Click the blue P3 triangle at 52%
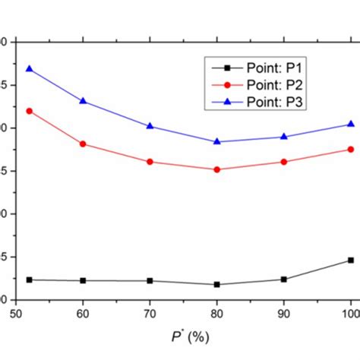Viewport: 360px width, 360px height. click(x=30, y=68)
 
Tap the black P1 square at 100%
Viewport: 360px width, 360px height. click(x=350, y=260)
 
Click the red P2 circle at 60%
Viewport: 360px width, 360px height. click(x=83, y=144)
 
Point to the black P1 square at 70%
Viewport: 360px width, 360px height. click(x=150, y=280)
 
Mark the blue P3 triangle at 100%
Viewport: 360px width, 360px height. click(x=350, y=124)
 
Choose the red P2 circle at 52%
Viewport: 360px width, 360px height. click(x=30, y=111)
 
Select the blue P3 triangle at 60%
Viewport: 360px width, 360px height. click(x=83, y=100)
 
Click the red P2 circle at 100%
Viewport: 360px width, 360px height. click(x=350, y=149)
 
